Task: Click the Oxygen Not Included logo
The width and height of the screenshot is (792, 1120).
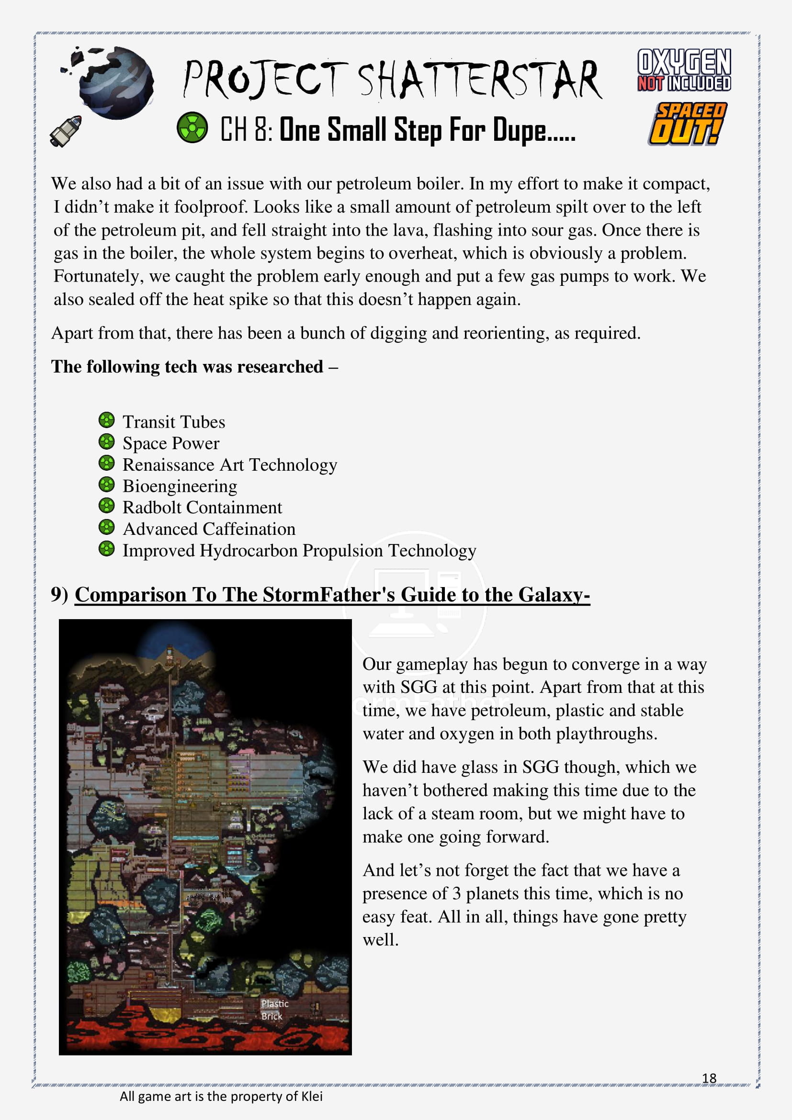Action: click(x=684, y=70)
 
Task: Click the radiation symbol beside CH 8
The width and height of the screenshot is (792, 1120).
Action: click(x=192, y=127)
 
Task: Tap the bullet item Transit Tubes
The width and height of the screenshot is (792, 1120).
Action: click(x=174, y=422)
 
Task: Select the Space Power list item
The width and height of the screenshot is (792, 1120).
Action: click(x=170, y=443)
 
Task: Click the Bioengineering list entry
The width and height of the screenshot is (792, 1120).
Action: click(x=180, y=486)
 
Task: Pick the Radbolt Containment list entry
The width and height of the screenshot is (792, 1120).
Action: click(x=202, y=508)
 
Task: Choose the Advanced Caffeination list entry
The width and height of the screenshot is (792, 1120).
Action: click(x=209, y=529)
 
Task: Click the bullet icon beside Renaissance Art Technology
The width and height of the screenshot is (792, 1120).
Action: click(x=106, y=463)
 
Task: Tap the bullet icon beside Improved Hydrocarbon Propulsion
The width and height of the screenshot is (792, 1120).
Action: click(x=106, y=549)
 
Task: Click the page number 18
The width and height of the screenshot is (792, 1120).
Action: click(x=709, y=1078)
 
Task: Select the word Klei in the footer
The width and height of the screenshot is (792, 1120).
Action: click(x=312, y=1097)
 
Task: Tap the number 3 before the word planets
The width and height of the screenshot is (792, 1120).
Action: click(x=456, y=893)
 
